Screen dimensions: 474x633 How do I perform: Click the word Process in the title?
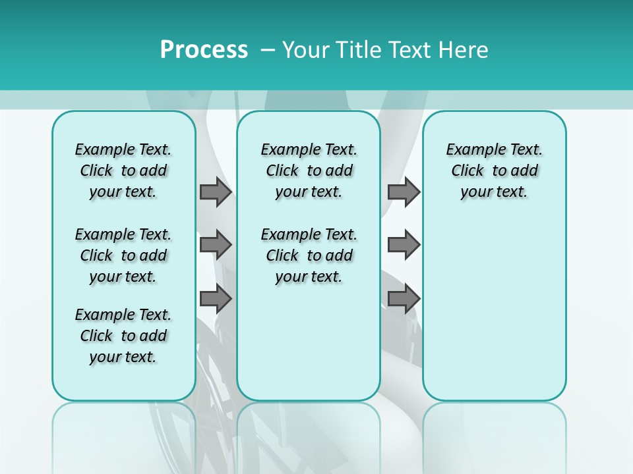click(204, 49)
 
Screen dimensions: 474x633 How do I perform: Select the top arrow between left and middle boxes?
click(216, 192)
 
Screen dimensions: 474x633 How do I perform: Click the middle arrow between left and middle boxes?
click(216, 246)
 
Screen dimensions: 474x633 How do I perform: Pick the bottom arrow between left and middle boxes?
click(216, 300)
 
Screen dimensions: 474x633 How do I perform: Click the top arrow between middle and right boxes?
click(404, 192)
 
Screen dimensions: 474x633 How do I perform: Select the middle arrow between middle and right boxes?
click(404, 246)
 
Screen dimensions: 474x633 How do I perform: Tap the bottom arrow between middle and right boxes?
click(404, 300)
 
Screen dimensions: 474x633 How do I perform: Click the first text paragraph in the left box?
click(123, 171)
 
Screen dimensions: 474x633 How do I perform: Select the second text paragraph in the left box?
click(123, 255)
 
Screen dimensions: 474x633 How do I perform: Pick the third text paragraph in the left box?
click(123, 336)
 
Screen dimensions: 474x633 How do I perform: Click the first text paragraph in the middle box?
click(309, 171)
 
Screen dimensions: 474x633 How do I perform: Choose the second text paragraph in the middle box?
click(309, 255)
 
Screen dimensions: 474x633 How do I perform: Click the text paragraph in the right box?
click(494, 171)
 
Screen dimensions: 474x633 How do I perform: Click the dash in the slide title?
click(268, 50)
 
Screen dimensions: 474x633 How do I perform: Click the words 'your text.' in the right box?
click(494, 192)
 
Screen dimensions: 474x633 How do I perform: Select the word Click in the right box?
click(467, 171)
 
